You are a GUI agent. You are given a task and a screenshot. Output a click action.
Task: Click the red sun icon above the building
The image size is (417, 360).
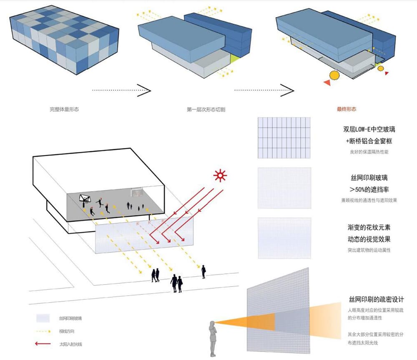[x=219, y=176]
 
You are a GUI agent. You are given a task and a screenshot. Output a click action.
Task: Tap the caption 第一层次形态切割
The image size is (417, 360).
[x=204, y=110]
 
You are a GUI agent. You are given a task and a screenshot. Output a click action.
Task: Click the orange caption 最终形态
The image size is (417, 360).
[x=347, y=110]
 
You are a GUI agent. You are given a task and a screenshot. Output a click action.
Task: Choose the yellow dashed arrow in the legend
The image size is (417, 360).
[x=43, y=332]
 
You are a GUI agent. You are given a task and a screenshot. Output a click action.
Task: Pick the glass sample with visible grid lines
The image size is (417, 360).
[x=284, y=137]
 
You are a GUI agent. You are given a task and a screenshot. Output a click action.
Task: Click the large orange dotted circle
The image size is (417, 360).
[x=334, y=75]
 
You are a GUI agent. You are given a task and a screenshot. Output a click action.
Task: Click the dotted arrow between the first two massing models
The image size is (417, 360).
[x=121, y=90]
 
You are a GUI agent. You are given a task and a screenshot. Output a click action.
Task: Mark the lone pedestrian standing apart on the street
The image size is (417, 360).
[x=203, y=272]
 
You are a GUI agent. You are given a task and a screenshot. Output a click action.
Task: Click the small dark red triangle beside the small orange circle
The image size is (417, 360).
[x=387, y=73]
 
